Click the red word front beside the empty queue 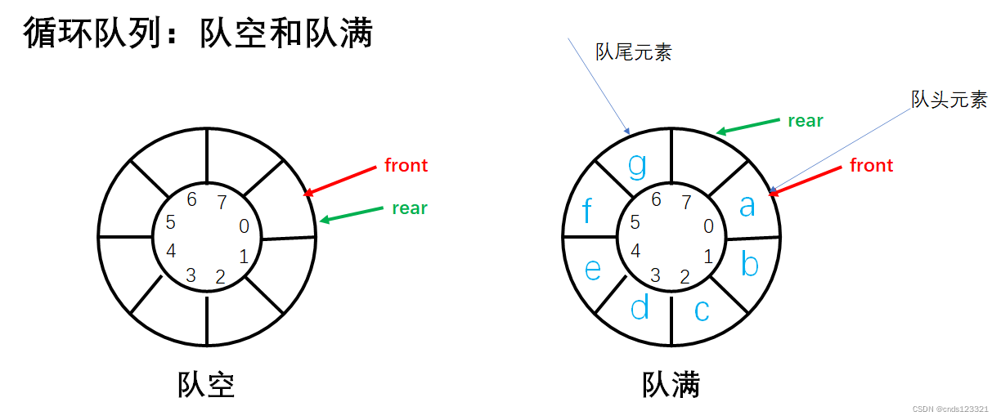pos(406,166)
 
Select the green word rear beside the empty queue pos(410,208)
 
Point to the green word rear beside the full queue pos(805,121)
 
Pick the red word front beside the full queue pos(871,166)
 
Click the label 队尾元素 pos(633,53)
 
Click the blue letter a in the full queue pos(747,206)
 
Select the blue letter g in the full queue pos(637,166)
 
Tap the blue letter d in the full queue pos(640,307)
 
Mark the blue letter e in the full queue pos(593,269)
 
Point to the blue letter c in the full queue pos(702,310)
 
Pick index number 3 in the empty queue pos(191,275)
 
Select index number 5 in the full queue pos(635,222)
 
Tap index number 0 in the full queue pos(708,226)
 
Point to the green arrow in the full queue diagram pos(747,126)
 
